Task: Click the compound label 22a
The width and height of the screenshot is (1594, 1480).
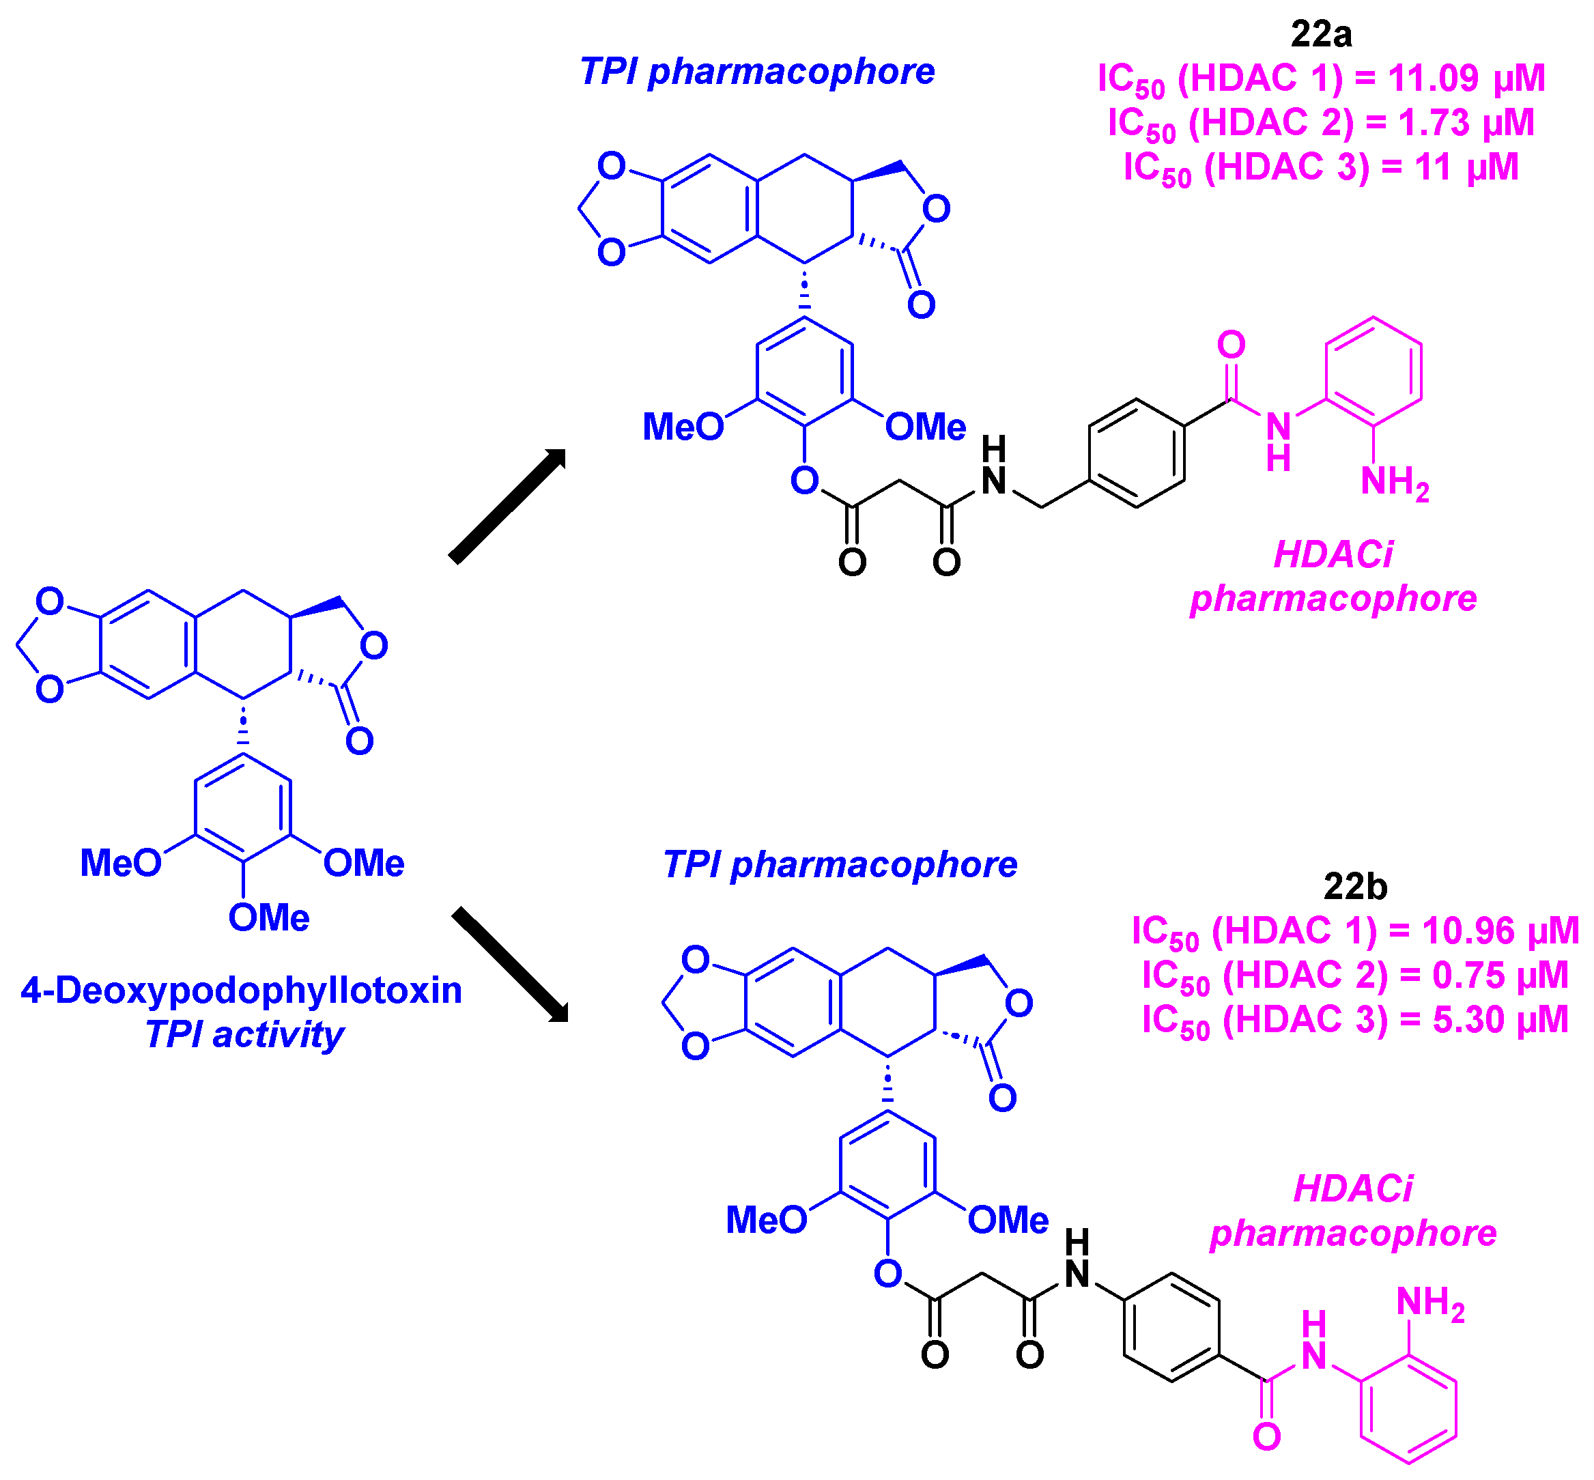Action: [1321, 33]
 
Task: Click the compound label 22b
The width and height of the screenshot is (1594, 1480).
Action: [1355, 887]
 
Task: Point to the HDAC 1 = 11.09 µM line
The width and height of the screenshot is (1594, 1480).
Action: [1321, 79]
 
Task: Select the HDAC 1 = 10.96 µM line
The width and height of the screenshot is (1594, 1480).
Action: [1354, 931]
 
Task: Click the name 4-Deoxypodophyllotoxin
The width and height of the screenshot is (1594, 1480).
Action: [241, 991]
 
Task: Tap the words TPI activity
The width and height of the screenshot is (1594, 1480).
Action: [244, 1035]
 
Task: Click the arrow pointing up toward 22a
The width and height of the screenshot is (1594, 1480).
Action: [508, 505]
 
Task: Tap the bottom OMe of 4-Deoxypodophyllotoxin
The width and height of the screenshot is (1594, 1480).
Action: [268, 917]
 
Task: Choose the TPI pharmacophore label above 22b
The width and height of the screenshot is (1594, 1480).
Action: [840, 865]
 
